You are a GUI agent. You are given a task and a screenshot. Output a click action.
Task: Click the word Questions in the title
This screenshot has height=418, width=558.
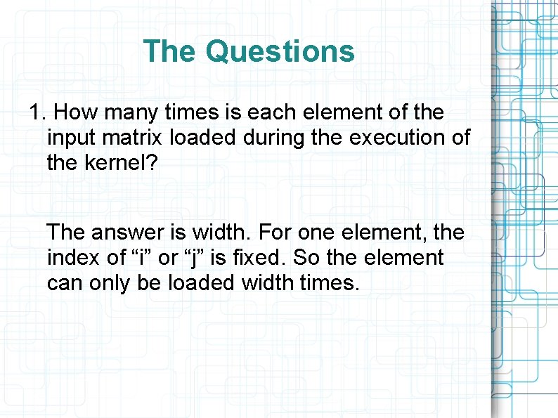coord(280,51)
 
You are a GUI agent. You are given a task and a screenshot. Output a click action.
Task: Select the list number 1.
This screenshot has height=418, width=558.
coord(37,112)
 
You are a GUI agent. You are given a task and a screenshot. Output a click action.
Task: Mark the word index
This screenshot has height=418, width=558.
coord(75,257)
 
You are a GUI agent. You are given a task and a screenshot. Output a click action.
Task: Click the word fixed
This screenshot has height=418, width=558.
coord(259,257)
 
